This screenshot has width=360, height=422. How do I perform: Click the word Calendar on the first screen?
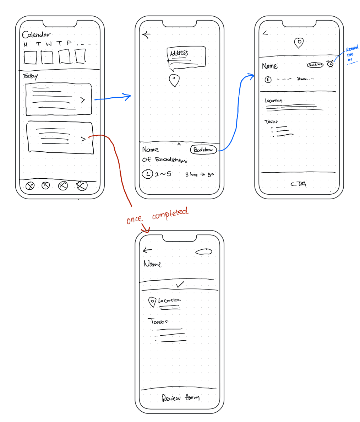tap(36, 35)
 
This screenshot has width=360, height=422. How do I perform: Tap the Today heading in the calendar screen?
tap(31, 76)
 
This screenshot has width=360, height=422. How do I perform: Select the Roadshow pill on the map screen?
tap(203, 150)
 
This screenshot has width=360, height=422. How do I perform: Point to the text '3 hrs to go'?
tap(200, 175)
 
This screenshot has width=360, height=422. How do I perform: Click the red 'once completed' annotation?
tap(157, 216)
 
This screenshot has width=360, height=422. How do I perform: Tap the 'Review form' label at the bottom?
tap(181, 397)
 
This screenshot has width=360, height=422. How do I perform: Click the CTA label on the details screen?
tap(298, 184)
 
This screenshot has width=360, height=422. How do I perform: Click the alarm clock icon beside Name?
tap(331, 64)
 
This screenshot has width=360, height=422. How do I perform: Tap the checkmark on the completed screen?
tap(180, 285)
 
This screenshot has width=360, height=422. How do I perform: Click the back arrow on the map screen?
tap(146, 34)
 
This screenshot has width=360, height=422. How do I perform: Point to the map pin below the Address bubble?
tap(174, 81)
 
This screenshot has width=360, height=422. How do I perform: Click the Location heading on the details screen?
tap(273, 101)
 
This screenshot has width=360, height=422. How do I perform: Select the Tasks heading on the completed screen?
tap(158, 321)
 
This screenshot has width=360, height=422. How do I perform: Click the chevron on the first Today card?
tap(83, 100)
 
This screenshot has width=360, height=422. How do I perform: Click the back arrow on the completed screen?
tap(147, 250)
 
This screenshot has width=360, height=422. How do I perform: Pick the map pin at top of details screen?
tap(299, 43)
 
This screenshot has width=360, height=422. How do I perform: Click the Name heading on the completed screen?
tap(153, 264)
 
